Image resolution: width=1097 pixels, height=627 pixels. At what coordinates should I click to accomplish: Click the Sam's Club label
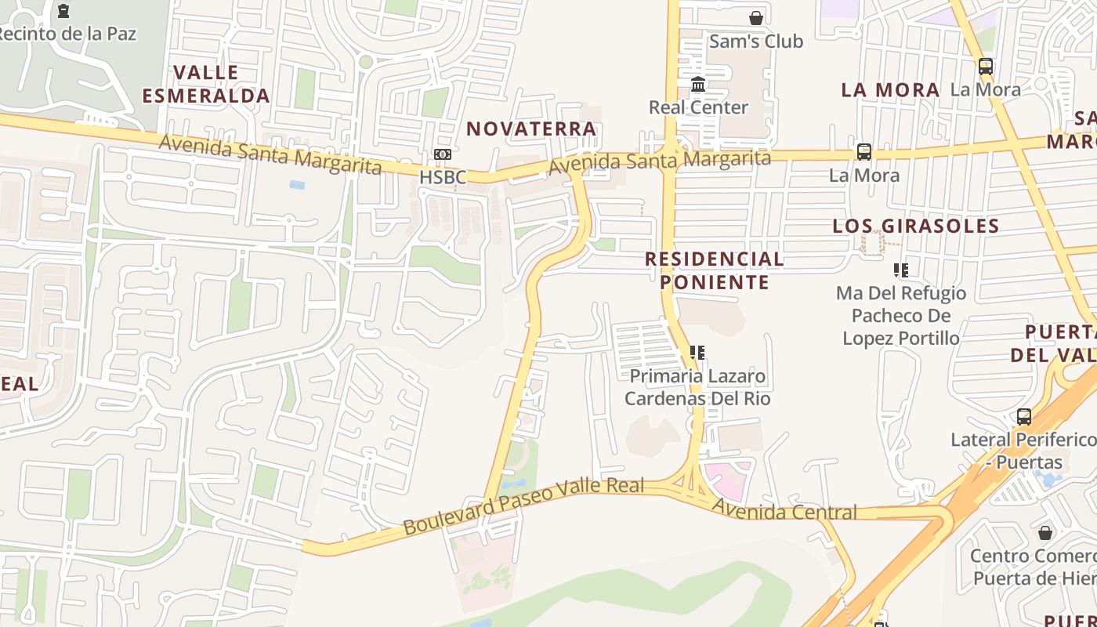coord(755,42)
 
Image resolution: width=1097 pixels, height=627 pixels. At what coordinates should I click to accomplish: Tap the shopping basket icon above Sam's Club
coord(756,17)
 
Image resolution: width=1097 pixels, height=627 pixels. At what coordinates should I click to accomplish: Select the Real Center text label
coord(698,107)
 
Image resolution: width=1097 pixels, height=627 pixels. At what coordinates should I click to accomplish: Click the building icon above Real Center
coord(698,84)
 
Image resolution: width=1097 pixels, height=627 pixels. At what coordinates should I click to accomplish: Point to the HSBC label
coord(443,177)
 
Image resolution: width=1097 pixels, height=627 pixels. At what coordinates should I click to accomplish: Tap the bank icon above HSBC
coord(443,154)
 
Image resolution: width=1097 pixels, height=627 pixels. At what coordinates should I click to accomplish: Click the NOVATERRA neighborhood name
coord(532,129)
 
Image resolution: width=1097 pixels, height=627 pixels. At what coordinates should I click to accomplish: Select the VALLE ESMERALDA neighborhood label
coord(206,85)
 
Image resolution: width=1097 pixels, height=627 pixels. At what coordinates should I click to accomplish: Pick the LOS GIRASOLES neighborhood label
coord(915,227)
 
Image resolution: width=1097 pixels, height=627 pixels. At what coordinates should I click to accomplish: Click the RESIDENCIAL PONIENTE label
coord(714,270)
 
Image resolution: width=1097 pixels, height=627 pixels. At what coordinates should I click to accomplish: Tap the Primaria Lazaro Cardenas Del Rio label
coord(697,387)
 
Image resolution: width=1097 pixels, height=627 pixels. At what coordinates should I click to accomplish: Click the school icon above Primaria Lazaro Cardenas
coord(697,353)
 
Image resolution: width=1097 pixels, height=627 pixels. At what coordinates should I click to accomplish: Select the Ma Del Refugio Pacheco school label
coord(901,316)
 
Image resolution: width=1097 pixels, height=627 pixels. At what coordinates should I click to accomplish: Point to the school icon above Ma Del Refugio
coord(901,270)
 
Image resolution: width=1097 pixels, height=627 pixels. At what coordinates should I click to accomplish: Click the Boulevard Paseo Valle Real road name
coord(523,506)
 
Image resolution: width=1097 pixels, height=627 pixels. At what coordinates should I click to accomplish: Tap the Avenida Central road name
coord(784,511)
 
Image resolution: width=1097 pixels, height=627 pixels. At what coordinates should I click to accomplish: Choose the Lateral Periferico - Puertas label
coord(1023,450)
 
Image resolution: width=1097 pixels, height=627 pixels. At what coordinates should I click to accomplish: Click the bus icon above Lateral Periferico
coord(1023,417)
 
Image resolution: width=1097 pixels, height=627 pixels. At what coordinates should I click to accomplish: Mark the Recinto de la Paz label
coord(67,34)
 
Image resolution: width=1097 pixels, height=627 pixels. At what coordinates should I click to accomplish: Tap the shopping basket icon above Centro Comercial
coord(1045,534)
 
